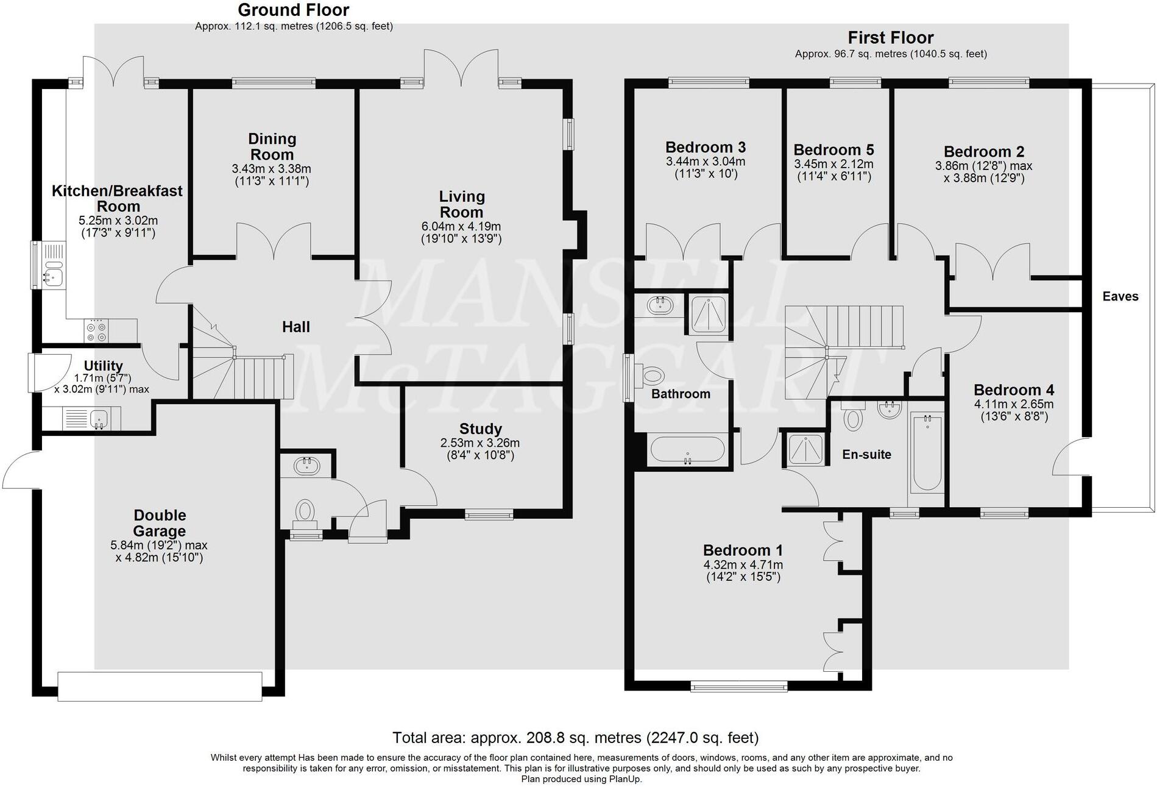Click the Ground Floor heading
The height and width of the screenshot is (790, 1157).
point(293,10)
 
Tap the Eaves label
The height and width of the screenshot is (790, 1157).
point(1120,296)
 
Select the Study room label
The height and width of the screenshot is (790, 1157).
point(480,429)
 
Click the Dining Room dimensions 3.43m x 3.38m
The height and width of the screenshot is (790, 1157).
point(271,169)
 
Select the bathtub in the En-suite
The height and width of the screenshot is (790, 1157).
point(926,452)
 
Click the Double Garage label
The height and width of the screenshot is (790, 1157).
point(159,523)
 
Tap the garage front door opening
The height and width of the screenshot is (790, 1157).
point(160,686)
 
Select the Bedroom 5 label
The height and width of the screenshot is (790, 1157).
point(833,150)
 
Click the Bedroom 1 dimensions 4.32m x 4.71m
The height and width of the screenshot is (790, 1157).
point(743,565)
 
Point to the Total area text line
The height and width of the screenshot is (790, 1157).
point(575,738)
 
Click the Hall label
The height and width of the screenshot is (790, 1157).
point(295,327)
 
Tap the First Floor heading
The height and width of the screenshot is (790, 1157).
point(890,38)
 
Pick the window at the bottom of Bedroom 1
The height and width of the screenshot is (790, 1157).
point(738,686)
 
